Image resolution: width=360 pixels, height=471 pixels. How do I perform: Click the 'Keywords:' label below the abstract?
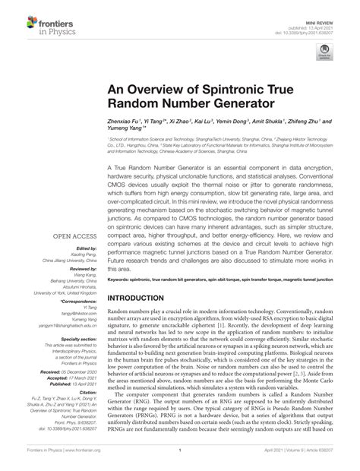[122, 259]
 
